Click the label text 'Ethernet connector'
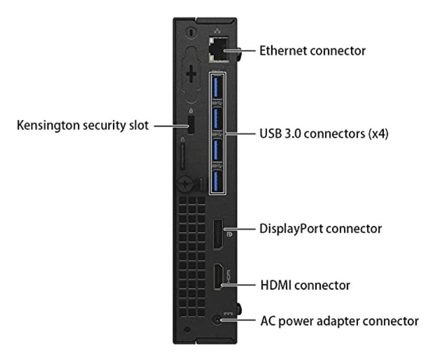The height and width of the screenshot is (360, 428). coord(313,52)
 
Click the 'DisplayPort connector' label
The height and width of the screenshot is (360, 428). coord(321,229)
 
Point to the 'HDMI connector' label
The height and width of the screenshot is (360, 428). coord(305,286)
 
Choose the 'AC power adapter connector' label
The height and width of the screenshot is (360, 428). coord(339,320)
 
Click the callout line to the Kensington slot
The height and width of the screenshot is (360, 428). coord(168,127)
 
